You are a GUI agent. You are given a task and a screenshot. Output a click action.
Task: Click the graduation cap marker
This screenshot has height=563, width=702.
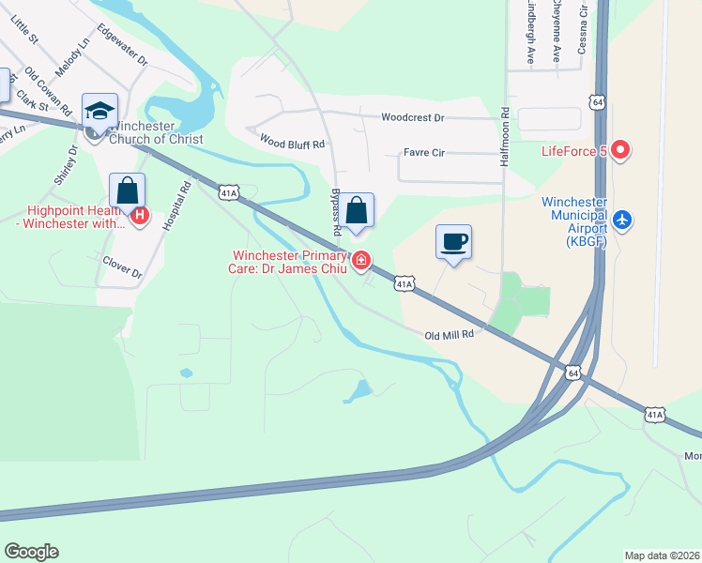pos(99,111)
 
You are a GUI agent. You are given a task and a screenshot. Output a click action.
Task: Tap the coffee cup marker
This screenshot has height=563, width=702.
pos(453,242)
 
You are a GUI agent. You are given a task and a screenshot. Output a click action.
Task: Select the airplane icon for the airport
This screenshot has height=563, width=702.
pos(621,221)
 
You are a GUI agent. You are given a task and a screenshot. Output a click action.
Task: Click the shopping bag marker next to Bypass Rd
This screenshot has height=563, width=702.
pos(357,211)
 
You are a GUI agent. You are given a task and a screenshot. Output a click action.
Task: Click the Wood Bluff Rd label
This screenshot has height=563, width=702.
pos(292,144)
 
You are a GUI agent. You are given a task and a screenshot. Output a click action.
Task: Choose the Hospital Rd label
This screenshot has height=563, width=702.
pos(172,205)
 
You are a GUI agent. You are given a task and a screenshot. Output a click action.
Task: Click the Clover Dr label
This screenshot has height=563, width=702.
pos(121,267)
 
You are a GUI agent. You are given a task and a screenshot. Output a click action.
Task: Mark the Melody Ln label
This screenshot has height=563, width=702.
pos(72,57)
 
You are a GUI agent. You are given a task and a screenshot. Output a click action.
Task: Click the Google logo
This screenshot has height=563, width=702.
pos(31,551)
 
